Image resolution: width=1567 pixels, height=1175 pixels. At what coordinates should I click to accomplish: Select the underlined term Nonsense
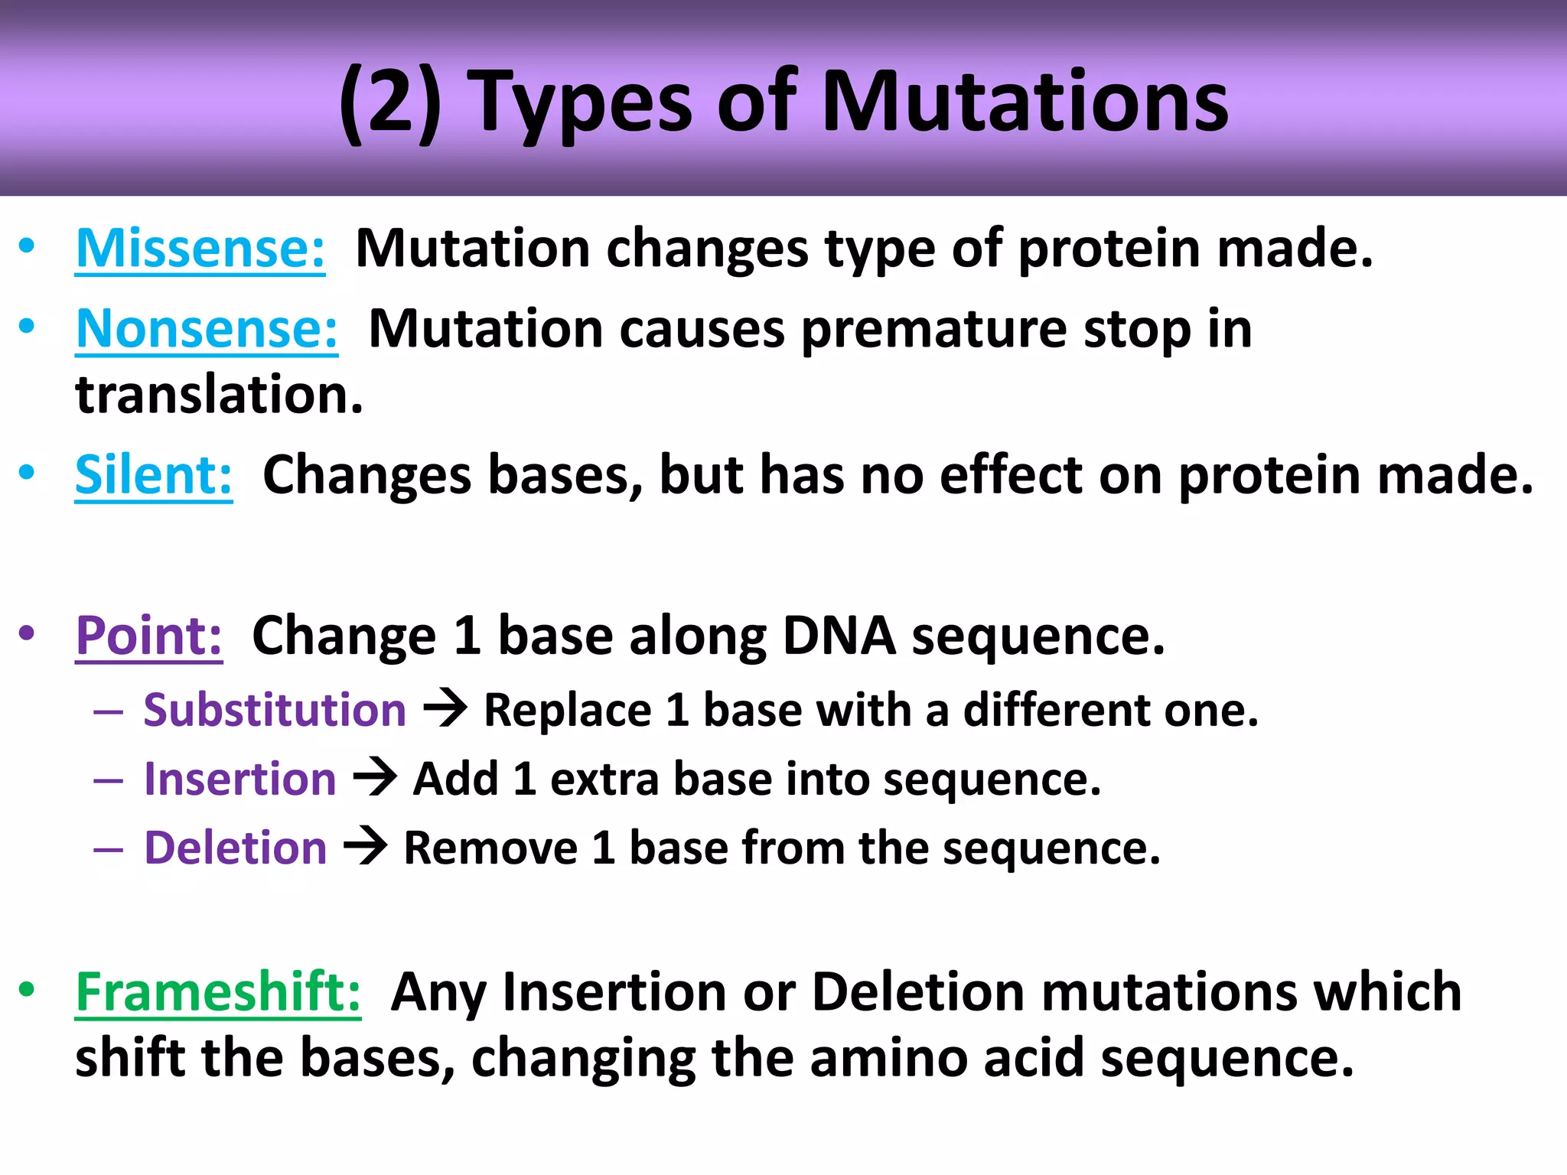tap(207, 329)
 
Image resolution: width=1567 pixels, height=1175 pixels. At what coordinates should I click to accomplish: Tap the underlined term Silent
tap(154, 475)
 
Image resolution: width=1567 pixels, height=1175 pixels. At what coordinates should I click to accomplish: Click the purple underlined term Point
tap(149, 636)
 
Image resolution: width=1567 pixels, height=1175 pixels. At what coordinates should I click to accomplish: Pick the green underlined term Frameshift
tap(218, 992)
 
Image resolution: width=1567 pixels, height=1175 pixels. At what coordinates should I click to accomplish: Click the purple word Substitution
tap(275, 710)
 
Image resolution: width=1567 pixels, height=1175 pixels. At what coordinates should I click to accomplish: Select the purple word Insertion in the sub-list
tap(240, 779)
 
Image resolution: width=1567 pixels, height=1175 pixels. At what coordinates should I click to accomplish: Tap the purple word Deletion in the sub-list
tap(236, 848)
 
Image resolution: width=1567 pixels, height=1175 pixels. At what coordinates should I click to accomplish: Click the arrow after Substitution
tap(445, 708)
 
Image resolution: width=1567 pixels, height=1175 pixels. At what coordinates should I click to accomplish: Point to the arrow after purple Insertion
tap(375, 777)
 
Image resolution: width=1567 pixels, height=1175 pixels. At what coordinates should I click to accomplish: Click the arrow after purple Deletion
tap(366, 846)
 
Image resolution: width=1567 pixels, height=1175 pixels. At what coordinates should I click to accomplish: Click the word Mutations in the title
tap(1025, 103)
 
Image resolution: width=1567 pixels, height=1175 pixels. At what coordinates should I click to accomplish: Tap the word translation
tap(219, 395)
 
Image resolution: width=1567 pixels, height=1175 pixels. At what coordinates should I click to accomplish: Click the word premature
tap(933, 330)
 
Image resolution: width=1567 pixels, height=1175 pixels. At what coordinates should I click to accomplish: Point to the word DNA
tap(839, 636)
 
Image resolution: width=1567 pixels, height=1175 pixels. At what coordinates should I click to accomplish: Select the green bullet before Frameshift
tap(28, 990)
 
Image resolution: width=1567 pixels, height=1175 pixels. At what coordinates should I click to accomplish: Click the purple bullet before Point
tap(28, 633)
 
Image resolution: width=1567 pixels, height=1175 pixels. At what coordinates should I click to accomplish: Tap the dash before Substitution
tap(109, 712)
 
